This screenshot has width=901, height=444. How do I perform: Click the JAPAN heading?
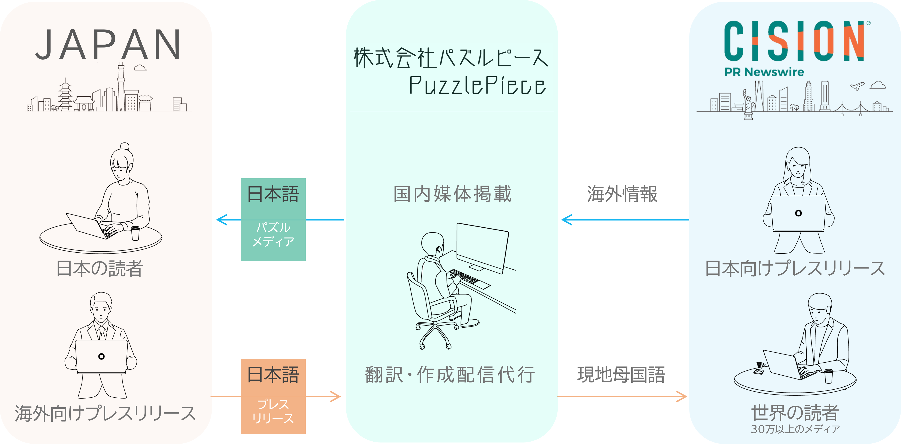coord(108,45)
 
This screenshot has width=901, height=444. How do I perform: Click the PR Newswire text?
coord(764,72)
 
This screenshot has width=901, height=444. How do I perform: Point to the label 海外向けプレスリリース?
coord(105,413)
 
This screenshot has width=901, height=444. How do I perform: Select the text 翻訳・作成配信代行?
coord(450,375)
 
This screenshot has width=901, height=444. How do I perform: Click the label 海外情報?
coord(622,194)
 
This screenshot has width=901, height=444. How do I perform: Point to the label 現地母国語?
coord(621,375)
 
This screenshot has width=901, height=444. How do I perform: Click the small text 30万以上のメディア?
coord(795,429)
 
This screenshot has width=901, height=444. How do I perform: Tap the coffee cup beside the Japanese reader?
coord(135,233)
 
